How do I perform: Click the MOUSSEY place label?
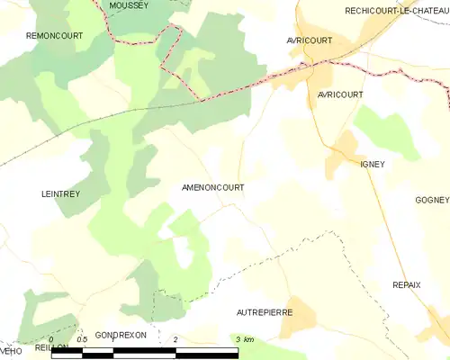click(128, 5)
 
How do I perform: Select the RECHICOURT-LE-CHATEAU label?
click(396, 10)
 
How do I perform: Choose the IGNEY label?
click(372, 164)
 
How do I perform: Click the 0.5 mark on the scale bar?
click(82, 339)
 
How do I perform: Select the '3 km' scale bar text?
click(244, 339)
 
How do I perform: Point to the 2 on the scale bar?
click(175, 339)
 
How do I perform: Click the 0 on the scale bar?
click(51, 339)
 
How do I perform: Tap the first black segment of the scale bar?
click(67, 352)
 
